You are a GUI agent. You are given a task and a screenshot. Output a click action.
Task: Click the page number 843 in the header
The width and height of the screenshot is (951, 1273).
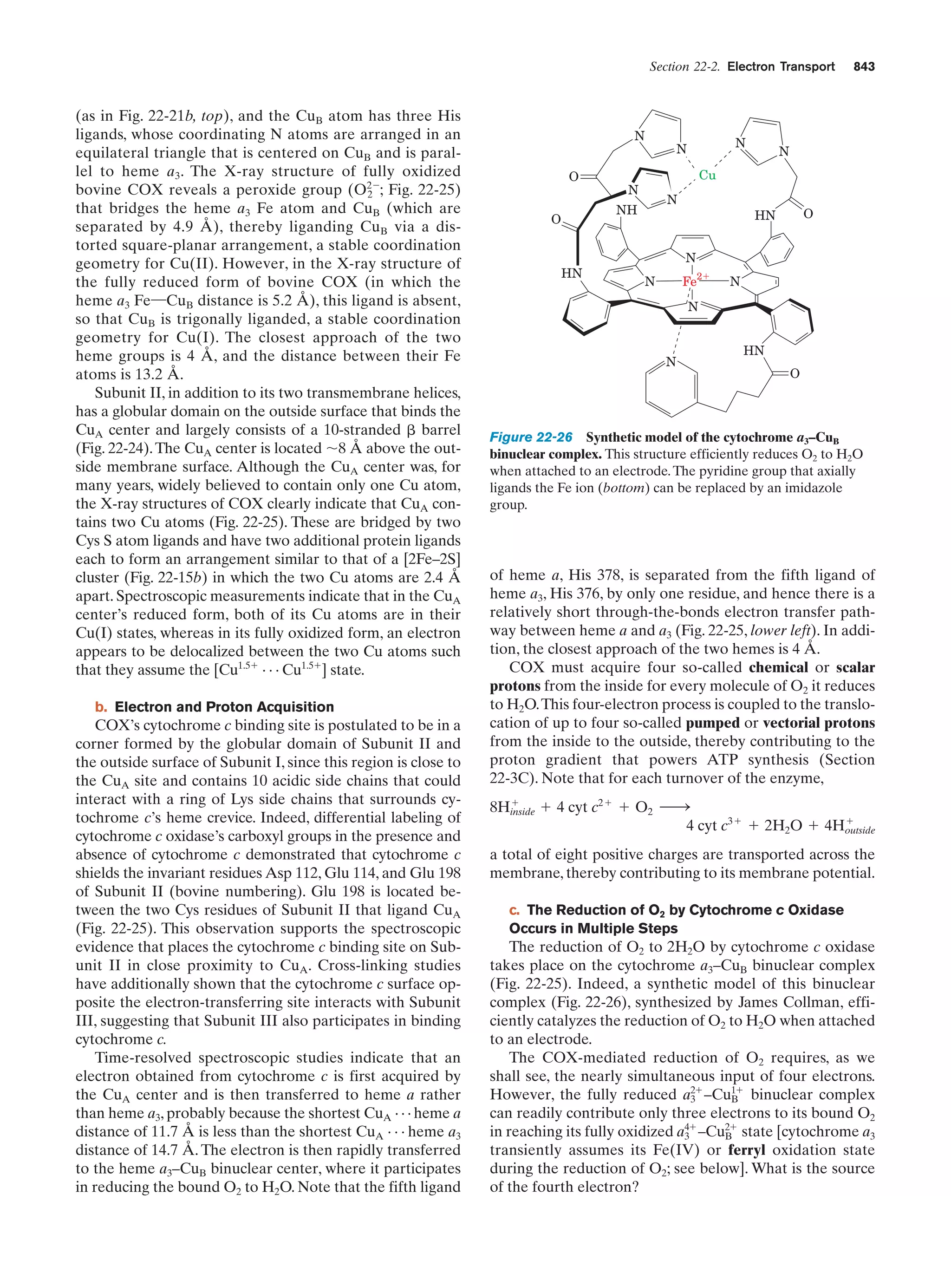(864, 67)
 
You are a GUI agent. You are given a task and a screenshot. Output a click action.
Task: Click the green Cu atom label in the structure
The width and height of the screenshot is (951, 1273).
(707, 176)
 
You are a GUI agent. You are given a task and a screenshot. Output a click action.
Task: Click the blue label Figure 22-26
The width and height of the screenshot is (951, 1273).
(530, 437)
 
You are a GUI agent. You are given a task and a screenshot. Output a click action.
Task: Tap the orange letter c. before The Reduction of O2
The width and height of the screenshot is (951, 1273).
(515, 910)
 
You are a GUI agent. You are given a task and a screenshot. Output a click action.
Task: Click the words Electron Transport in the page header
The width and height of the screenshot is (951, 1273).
(781, 67)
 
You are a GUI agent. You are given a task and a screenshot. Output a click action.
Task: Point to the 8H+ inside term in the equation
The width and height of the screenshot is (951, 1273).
(511, 809)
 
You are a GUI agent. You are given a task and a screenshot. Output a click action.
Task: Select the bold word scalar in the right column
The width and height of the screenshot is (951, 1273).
(855, 667)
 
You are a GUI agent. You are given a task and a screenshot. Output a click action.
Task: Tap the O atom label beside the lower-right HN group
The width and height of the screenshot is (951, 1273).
(795, 374)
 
